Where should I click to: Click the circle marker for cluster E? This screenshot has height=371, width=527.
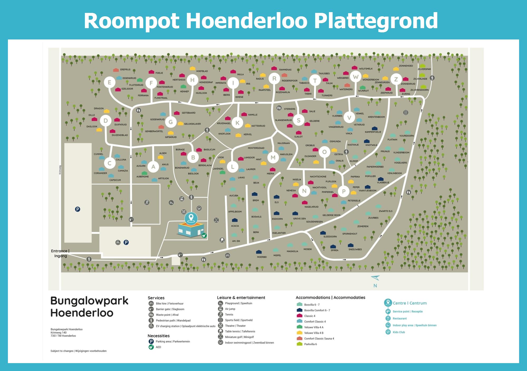[109, 82]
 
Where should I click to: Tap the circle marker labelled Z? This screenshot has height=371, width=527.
[396, 79]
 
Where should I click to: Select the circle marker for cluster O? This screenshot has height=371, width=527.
[324, 152]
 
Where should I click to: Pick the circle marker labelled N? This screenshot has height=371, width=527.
[304, 191]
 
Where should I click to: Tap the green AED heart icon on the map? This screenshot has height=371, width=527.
[204, 236]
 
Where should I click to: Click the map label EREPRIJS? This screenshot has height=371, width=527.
[125, 70]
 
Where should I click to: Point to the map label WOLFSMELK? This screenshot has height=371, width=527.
[366, 69]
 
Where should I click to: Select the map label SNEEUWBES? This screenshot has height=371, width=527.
[355, 249]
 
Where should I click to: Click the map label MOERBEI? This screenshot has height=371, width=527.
[262, 257]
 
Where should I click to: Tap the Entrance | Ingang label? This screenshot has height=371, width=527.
[60, 253]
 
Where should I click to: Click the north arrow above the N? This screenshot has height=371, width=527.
[375, 278]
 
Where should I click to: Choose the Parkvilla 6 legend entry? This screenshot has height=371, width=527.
[310, 344]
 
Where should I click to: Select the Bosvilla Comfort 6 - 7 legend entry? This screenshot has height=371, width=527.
[317, 310]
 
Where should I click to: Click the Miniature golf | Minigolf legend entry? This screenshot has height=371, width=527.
[239, 337]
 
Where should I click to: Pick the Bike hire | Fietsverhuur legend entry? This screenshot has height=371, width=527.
[169, 304]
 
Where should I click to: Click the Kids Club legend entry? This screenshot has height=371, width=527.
[398, 332]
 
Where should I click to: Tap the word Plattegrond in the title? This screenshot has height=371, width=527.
[376, 21]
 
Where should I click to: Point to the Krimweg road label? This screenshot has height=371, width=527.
[60, 170]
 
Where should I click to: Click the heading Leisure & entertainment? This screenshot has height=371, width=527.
[241, 298]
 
